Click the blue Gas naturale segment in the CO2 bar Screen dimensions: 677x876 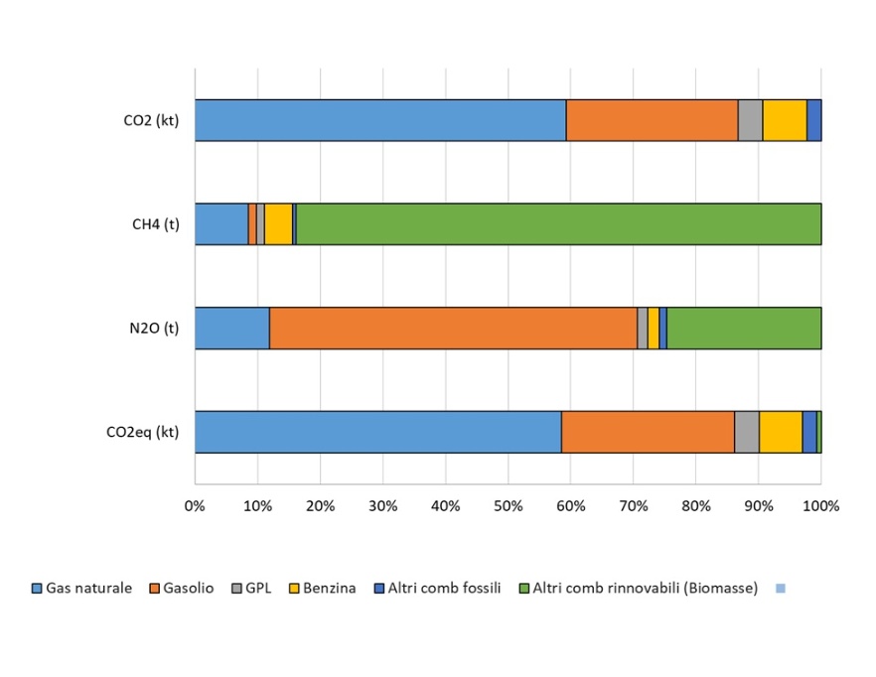[380, 120]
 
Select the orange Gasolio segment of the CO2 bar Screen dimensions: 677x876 [652, 120]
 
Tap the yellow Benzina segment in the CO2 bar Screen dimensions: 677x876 [785, 120]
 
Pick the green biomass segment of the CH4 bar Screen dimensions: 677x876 [558, 223]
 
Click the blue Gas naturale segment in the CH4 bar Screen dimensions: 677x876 [220, 223]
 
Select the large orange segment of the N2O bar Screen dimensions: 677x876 [453, 328]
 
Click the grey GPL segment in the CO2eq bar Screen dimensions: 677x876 [747, 432]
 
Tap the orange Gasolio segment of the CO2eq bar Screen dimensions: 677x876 [648, 432]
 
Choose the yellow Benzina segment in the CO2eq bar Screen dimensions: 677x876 [781, 432]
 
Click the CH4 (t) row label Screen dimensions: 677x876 [155, 224]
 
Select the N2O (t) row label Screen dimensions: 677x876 [155, 329]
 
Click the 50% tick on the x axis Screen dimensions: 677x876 [508, 505]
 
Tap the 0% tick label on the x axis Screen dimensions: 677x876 [195, 505]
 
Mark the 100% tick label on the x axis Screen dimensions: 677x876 [820, 505]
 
